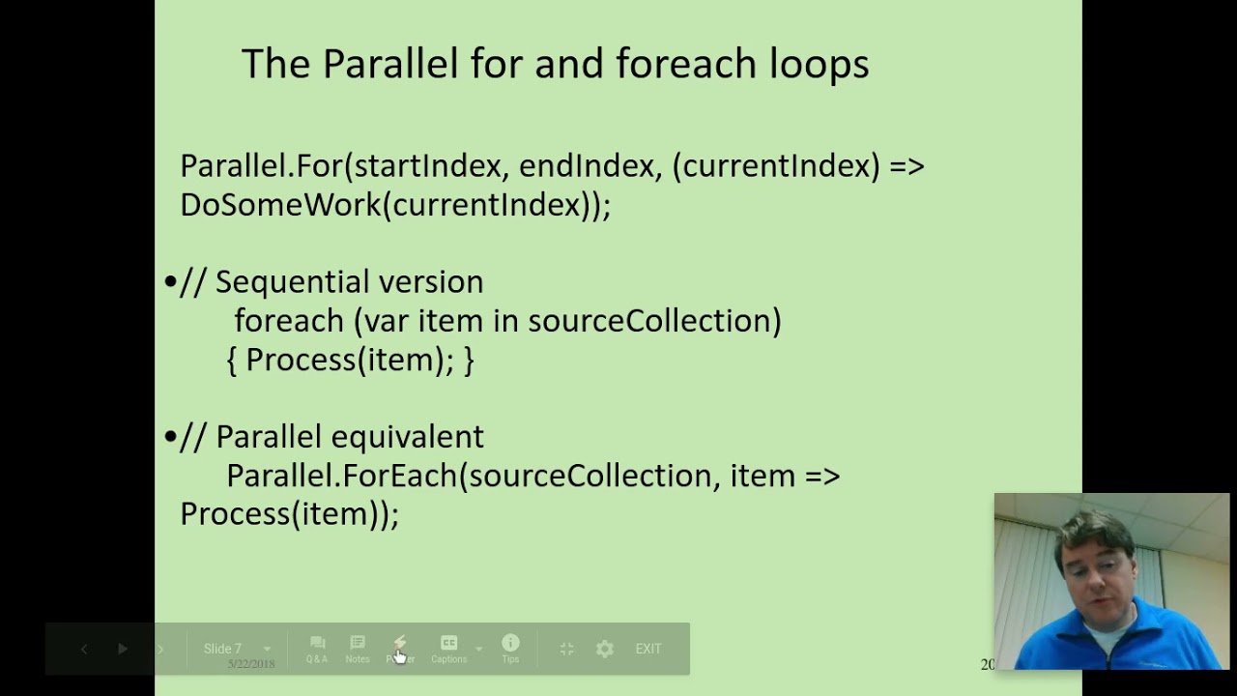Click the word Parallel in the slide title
[x=389, y=64]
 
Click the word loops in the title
[x=819, y=64]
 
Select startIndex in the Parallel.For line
[x=428, y=166]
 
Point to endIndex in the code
[x=586, y=166]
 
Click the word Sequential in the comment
[x=292, y=282]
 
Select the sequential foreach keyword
[x=288, y=321]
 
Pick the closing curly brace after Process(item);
[x=469, y=361]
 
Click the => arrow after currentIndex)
[x=906, y=166]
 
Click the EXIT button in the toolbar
[x=648, y=649]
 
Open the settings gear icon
[x=604, y=649]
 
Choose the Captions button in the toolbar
[x=448, y=649]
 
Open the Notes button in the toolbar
[x=358, y=649]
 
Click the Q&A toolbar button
[x=317, y=649]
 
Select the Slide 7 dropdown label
[x=223, y=649]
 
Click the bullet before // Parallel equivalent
[x=170, y=437]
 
